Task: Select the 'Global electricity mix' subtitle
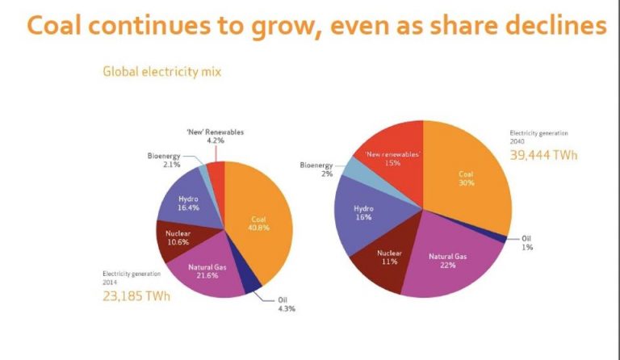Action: tap(161, 71)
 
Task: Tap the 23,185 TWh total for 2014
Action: tap(136, 295)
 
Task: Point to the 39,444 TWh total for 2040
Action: tap(543, 154)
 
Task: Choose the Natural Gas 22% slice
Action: tap(448, 262)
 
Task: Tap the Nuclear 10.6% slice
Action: tap(171, 238)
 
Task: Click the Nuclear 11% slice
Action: tap(389, 259)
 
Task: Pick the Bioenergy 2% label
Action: tap(316, 169)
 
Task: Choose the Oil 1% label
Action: tap(526, 243)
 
